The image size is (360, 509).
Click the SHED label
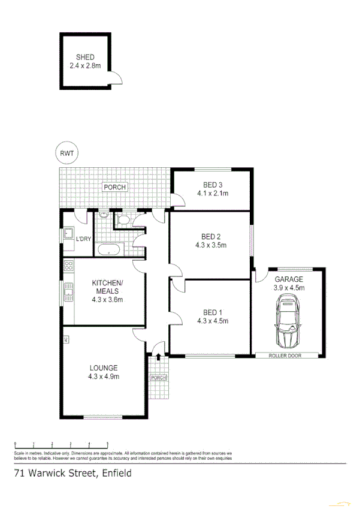(x=86, y=58)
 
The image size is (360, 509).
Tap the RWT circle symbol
(x=67, y=153)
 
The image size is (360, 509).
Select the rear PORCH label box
(x=114, y=187)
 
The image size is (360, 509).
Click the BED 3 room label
(x=213, y=185)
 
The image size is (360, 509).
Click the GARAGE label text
(x=289, y=279)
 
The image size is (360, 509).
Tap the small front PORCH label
(x=158, y=378)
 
